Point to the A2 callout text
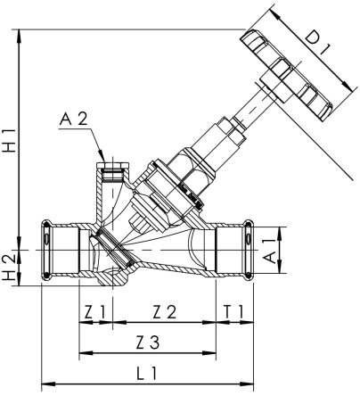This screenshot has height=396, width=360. click(74, 120)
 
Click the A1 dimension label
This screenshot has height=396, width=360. click(270, 251)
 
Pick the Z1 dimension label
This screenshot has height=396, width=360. click(95, 312)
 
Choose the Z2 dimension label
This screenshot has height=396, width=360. click(165, 312)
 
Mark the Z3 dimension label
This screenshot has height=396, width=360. click(148, 342)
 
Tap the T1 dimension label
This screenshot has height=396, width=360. click(234, 312)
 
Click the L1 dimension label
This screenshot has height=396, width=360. click(147, 374)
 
